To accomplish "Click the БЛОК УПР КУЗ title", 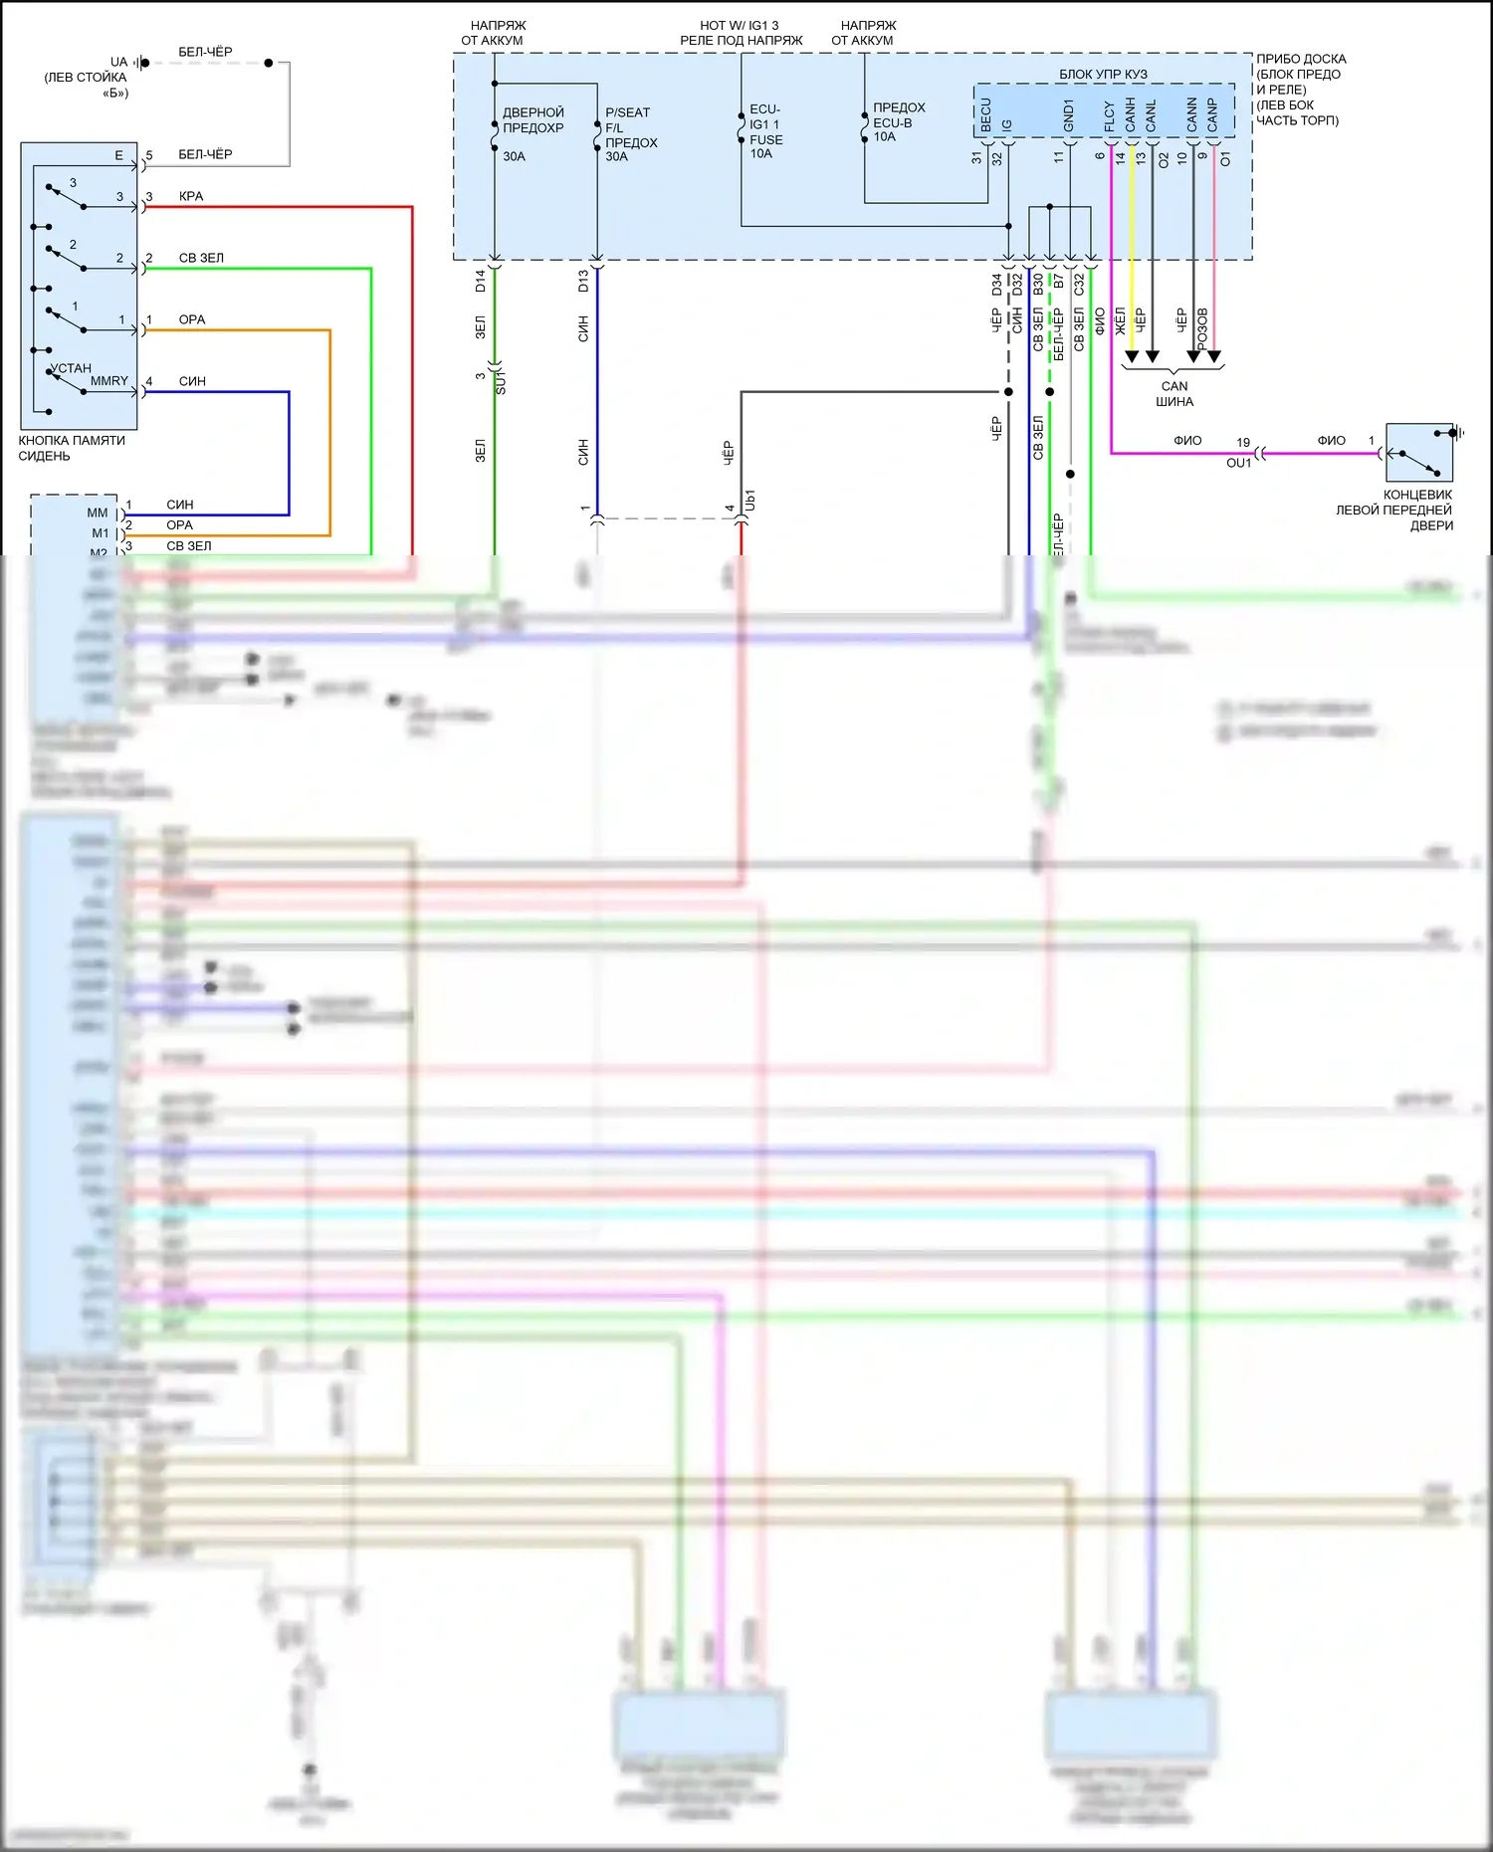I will tap(1103, 74).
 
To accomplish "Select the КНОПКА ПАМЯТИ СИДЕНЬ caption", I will tap(72, 448).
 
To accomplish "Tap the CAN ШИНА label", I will tap(1174, 394).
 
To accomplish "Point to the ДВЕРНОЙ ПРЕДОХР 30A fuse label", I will tap(533, 133).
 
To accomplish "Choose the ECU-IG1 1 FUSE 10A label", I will tap(765, 131).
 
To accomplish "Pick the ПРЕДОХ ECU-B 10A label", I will tap(898, 121).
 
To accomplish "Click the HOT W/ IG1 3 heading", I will tap(740, 26).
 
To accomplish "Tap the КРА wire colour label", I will tap(191, 196).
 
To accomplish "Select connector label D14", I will tap(481, 281).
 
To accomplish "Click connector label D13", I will tap(583, 281).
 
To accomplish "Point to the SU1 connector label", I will tap(501, 382).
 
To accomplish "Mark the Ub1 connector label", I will tap(750, 501).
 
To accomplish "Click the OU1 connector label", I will tap(1238, 463).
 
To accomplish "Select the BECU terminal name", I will tap(986, 115).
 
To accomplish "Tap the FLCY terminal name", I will tap(1110, 116).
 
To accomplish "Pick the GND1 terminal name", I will tap(1069, 115).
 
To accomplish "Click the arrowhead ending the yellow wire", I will tap(1132, 356).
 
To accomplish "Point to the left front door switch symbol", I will tap(1419, 453).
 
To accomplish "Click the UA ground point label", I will tap(119, 62).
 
